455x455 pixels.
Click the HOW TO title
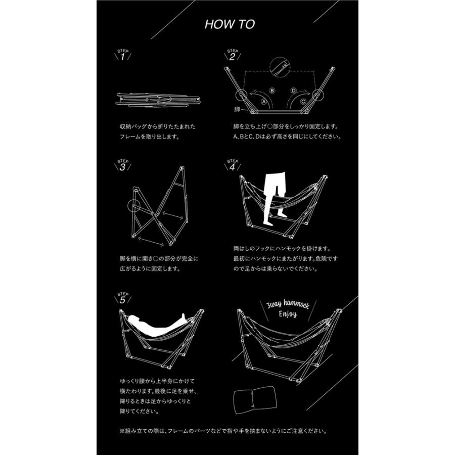pyautogui.click(x=230, y=24)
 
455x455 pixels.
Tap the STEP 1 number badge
pyautogui.click(x=123, y=55)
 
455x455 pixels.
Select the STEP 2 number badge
pyautogui.click(x=233, y=55)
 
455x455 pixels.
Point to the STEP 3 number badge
pyautogui.click(x=123, y=165)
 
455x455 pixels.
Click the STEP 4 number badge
pyautogui.click(x=233, y=165)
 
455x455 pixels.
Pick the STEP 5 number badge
pyautogui.click(x=123, y=298)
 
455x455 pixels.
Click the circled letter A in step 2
pyautogui.click(x=264, y=102)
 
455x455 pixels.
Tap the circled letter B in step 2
pyautogui.click(x=272, y=90)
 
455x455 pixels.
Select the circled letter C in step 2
pyautogui.click(x=303, y=102)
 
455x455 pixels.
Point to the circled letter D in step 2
pyautogui.click(x=294, y=90)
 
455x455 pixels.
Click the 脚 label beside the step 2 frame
pyautogui.click(x=237, y=109)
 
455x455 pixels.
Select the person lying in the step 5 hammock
pyautogui.click(x=157, y=323)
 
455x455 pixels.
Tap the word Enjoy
pyautogui.click(x=288, y=314)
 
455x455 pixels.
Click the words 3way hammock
pyautogui.click(x=288, y=304)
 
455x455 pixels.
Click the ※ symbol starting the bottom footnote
pyautogui.click(x=122, y=431)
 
